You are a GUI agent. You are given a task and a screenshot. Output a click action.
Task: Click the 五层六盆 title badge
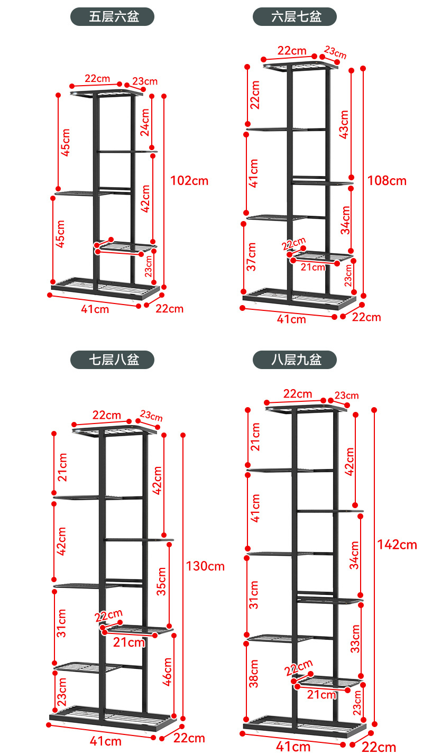coord(112,16)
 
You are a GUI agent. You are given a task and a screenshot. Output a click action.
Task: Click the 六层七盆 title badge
coord(295,16)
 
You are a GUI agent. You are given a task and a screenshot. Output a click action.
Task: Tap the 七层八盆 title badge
coord(112,360)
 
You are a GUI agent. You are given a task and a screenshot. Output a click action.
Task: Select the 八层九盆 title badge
coord(295,360)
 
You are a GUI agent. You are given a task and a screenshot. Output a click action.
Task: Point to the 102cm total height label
coord(189,181)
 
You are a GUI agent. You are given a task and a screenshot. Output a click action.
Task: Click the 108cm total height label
coord(387,181)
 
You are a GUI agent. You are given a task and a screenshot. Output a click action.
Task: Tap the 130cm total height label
coord(205,566)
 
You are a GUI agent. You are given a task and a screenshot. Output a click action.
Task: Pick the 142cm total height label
coord(397,545)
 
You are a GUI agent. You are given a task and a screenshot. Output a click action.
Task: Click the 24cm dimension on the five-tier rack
coord(145,122)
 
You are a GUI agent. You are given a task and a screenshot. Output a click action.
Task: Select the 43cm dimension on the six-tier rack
coord(344,125)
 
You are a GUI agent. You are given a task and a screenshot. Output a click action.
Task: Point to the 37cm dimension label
coord(251,257)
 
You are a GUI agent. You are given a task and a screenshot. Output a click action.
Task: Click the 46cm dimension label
coord(167,672)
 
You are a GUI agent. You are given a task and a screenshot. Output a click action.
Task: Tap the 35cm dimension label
coord(161,582)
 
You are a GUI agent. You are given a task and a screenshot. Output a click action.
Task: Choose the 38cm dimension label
coord(254,674)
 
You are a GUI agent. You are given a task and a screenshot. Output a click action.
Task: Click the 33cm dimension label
coord(355,639)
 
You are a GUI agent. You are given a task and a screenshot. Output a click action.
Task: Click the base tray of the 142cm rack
coord(305,727)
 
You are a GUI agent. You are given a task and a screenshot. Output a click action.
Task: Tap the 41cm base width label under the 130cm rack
coord(105,741)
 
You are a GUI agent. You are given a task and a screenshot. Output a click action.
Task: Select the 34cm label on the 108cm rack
coord(346,220)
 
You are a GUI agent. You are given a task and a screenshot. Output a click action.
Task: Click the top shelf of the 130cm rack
coord(114,430)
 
